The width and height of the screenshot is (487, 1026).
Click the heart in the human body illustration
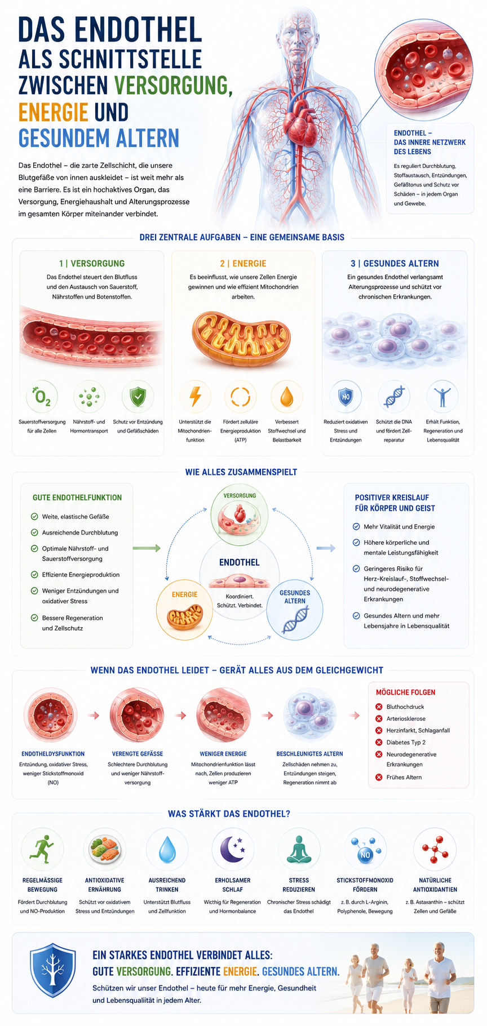click(299, 121)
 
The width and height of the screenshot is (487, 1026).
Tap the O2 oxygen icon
click(42, 397)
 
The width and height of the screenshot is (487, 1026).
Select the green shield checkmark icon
click(138, 397)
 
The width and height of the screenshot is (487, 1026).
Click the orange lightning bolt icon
click(195, 396)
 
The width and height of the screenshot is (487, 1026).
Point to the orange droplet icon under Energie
click(287, 396)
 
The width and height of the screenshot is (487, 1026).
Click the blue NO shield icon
click(346, 397)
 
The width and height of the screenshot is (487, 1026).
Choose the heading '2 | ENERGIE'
click(243, 264)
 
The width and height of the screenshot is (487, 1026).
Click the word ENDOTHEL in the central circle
click(240, 562)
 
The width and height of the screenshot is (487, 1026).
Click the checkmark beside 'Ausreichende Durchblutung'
click(34, 532)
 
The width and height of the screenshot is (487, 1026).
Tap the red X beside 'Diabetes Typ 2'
click(379, 743)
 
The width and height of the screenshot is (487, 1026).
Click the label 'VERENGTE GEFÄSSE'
click(138, 754)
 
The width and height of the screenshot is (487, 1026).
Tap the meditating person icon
click(299, 849)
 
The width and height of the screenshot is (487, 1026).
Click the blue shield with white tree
click(52, 970)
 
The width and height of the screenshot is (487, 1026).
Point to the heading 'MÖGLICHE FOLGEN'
click(405, 692)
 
